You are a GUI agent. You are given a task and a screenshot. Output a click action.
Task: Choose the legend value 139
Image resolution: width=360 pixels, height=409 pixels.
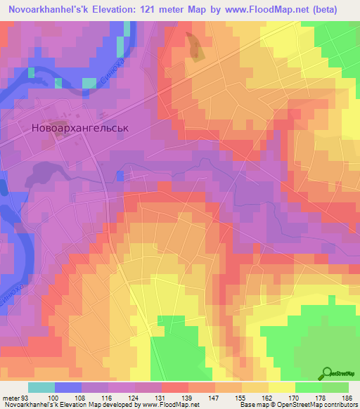point(193,397)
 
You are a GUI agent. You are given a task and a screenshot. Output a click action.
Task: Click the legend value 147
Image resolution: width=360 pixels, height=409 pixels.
point(219,397)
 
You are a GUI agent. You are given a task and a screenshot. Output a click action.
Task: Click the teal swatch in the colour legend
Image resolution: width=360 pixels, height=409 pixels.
point(41,387)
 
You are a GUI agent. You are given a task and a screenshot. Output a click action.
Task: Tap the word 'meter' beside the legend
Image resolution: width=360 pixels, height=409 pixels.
point(11,397)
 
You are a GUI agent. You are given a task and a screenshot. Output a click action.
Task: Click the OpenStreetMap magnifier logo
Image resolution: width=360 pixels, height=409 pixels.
point(326,373)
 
